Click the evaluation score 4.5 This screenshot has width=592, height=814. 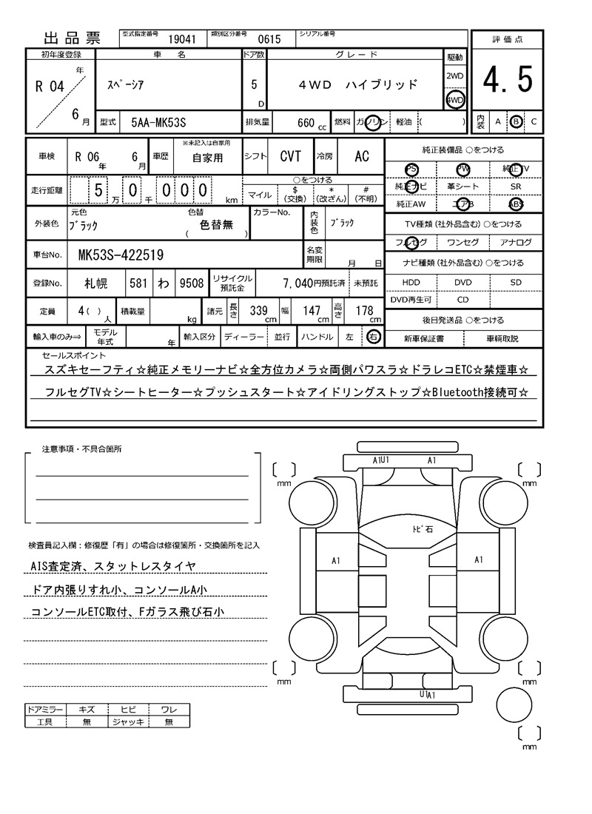coord(508,80)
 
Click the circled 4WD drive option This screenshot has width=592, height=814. coord(454,100)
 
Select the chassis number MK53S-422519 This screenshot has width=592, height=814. coord(121,256)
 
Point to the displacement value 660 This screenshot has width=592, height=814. coord(306,122)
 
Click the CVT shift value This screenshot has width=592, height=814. coord(290,157)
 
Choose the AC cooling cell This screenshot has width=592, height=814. coord(362,157)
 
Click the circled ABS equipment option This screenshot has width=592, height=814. coord(516,204)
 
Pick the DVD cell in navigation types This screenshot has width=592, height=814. coord(462,282)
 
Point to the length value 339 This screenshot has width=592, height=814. coord(258,311)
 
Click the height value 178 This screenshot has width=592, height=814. coord(364,311)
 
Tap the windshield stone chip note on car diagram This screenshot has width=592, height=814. coord(423,530)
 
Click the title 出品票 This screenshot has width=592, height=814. coord(71,38)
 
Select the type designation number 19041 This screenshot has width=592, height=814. coord(182,40)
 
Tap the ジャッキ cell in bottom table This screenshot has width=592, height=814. coord(128,721)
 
